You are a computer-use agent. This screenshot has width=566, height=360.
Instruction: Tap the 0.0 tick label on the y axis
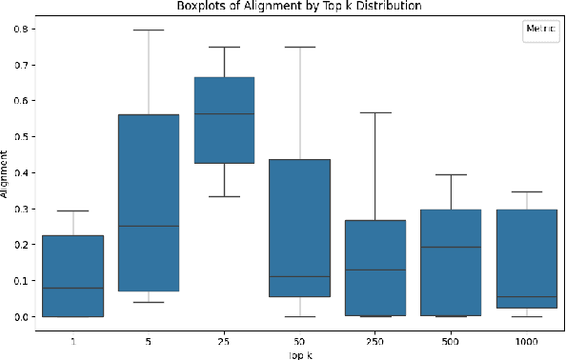(19, 317)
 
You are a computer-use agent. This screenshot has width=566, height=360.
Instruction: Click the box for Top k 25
(224, 120)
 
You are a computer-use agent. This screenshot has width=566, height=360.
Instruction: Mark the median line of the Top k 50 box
(299, 277)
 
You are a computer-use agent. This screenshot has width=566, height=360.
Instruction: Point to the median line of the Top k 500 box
(451, 248)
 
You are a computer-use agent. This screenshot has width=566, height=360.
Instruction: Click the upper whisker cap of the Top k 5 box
(148, 30)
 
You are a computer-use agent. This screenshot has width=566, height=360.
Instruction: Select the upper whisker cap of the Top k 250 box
(375, 112)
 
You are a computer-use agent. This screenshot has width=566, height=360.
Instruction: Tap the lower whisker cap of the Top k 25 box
(224, 196)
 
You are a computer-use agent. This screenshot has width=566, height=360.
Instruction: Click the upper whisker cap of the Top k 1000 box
(527, 191)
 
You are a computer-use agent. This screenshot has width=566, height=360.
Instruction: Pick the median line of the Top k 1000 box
(527, 297)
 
